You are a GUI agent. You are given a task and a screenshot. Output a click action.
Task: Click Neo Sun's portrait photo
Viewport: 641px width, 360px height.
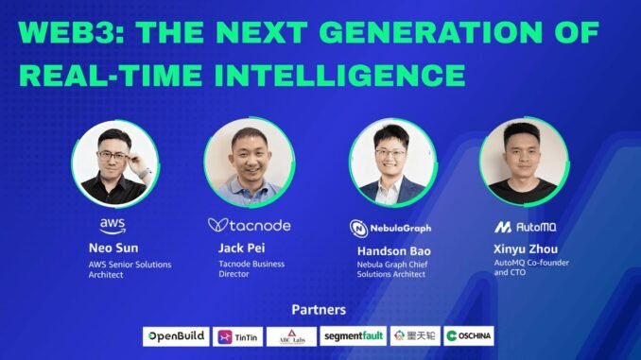[113, 165]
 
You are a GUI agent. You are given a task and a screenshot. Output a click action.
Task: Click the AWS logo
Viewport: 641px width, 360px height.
[113, 225]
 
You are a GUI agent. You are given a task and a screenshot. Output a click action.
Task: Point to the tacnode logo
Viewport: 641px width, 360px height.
[249, 226]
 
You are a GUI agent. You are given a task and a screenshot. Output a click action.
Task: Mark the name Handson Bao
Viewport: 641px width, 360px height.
[392, 251]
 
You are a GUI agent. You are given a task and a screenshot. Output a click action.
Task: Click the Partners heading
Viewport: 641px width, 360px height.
[319, 310]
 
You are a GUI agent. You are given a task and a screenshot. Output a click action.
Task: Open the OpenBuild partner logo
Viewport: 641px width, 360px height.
[176, 336]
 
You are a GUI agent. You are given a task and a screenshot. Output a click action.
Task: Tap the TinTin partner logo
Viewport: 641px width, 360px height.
[237, 336]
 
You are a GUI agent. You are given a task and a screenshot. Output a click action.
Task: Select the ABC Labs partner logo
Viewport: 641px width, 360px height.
[291, 336]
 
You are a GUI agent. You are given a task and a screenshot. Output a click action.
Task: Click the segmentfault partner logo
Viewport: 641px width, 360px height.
[352, 336]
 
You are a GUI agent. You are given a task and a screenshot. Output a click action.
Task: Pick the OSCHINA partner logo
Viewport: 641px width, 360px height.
[469, 336]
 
